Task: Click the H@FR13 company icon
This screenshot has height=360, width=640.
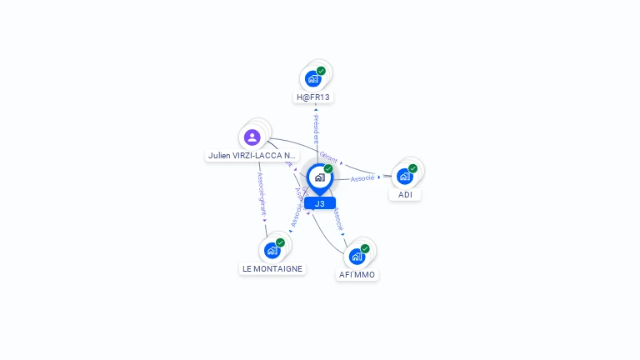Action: (313, 79)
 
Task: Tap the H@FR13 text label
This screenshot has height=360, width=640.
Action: (313, 97)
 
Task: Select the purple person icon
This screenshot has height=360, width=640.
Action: (252, 137)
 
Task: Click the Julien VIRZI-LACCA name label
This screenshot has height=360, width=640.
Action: (252, 155)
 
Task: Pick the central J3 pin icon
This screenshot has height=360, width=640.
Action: (319, 177)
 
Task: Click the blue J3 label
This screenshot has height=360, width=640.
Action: (320, 203)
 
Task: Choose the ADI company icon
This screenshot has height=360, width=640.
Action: (405, 177)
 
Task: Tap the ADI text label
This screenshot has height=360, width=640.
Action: (405, 195)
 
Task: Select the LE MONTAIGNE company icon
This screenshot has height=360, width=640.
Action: (272, 250)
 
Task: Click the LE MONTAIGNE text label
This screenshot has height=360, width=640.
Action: (272, 268)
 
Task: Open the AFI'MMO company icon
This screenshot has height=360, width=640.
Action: (357, 256)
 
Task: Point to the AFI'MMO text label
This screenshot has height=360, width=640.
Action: (357, 274)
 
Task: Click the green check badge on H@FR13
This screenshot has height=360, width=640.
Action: (321, 71)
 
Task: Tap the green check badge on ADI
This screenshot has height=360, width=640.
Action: (412, 168)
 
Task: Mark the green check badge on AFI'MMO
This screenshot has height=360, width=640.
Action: (365, 248)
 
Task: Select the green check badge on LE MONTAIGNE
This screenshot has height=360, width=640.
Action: (280, 242)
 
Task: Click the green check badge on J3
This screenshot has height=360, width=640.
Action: (328, 169)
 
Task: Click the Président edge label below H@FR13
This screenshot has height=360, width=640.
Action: (316, 128)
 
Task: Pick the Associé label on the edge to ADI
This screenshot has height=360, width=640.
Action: (362, 178)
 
